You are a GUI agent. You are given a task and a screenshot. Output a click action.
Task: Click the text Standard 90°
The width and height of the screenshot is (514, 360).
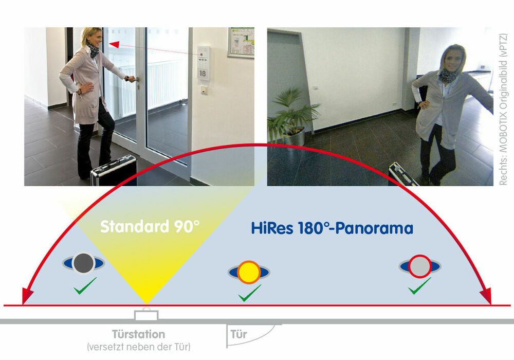[x=150, y=227]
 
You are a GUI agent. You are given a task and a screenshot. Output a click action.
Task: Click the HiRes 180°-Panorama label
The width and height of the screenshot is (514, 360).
[x=332, y=228]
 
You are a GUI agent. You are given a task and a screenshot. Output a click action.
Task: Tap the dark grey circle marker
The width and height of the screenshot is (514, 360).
[x=84, y=263]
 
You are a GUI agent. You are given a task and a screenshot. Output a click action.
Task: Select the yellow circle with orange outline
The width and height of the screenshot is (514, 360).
[x=249, y=272]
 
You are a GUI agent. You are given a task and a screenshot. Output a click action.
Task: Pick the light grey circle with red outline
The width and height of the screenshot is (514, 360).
[x=419, y=266]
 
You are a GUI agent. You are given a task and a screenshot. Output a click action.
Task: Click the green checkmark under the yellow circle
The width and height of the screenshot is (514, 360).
[x=250, y=293]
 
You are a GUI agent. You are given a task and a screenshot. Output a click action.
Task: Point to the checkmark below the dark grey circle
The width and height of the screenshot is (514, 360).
[x=85, y=285]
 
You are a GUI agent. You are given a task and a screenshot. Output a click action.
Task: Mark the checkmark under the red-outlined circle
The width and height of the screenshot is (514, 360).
[x=419, y=285]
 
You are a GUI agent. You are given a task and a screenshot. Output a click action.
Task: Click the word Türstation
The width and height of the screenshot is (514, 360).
[x=138, y=334]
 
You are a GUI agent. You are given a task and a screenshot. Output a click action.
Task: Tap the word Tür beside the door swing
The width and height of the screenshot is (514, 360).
[x=238, y=334]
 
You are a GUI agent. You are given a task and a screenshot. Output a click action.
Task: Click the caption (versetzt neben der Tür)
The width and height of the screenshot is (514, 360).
[x=138, y=347]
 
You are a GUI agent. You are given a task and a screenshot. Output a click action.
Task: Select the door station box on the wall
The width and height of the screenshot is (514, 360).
[x=146, y=314]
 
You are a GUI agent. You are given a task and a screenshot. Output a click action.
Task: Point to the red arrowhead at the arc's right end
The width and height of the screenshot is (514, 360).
[x=487, y=296]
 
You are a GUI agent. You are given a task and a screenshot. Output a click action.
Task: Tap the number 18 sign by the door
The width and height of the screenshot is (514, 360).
[x=203, y=74]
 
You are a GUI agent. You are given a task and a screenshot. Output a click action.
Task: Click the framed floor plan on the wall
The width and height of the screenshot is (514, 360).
[x=241, y=43]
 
